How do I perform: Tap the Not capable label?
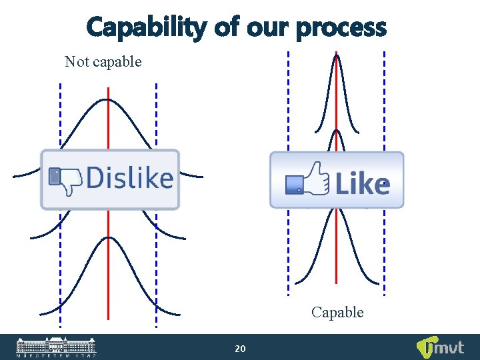103,62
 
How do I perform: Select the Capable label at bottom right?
337,312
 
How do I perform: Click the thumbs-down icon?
65,180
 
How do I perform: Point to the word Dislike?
130,179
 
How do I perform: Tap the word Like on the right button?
362,183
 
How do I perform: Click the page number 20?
241,349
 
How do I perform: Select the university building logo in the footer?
56,347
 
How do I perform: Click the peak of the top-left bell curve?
108,100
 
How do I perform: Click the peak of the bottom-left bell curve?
108,237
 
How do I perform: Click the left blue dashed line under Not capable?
60,120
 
